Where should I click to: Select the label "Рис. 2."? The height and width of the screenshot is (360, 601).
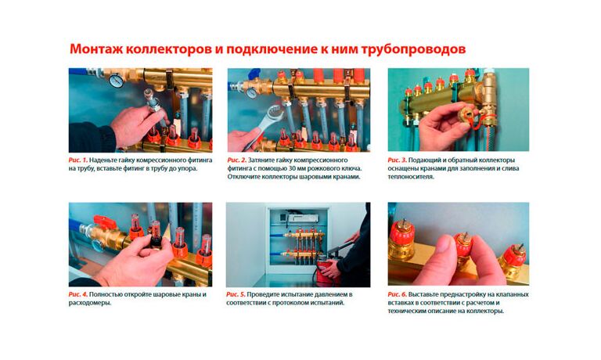pos(238,160)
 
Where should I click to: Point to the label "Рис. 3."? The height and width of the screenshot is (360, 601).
pos(399,160)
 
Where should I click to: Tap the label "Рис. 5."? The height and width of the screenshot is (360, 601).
pos(238,294)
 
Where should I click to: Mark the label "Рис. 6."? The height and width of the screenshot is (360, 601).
pos(399,294)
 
